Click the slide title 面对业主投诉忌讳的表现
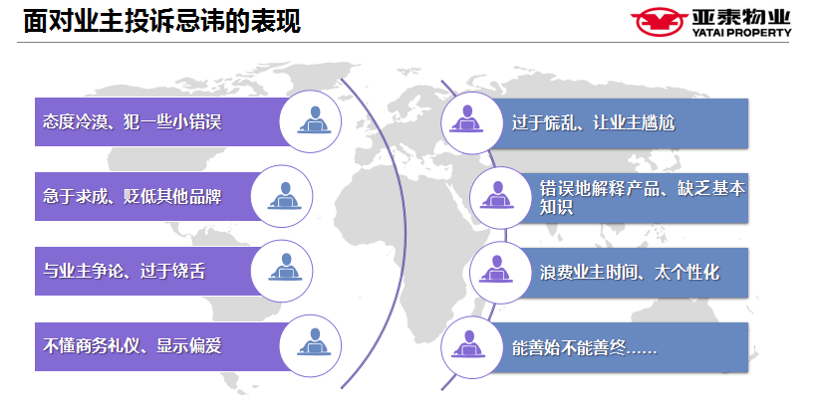click(162, 21)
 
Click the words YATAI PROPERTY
click(741, 32)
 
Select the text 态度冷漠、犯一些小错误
click(133, 121)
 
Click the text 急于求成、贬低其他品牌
click(133, 196)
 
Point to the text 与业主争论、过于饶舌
click(125, 271)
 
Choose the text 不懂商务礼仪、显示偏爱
click(133, 345)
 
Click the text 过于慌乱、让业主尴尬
click(593, 122)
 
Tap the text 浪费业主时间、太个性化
click(630, 273)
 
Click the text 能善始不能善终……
click(585, 347)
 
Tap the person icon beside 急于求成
click(285, 195)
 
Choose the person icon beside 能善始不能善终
click(468, 344)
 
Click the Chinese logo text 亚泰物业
click(741, 17)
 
